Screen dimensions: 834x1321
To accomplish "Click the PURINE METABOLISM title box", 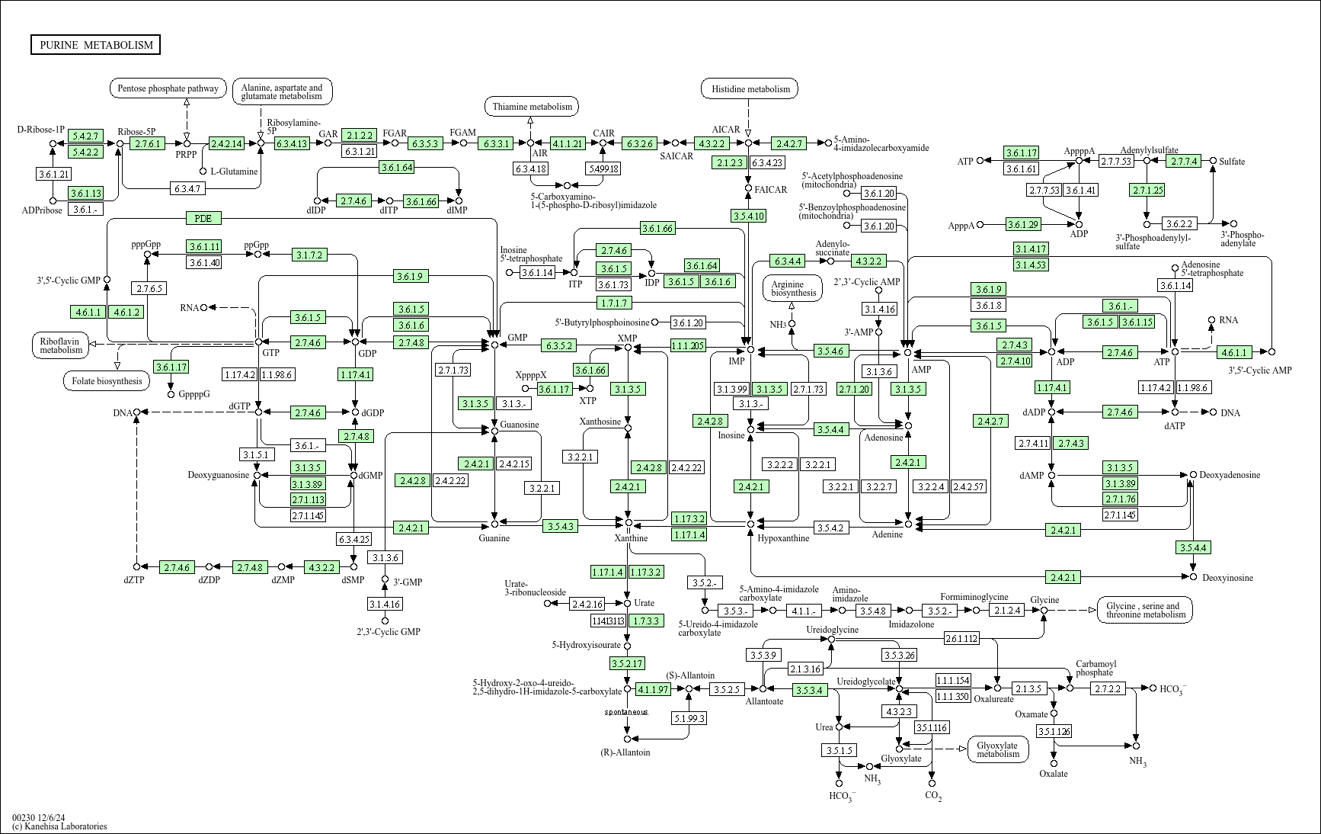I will (96, 45).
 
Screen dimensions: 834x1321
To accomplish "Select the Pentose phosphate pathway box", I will (168, 88).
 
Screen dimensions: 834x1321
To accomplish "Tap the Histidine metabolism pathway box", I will (750, 89).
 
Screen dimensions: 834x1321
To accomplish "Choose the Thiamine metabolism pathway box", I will (532, 107).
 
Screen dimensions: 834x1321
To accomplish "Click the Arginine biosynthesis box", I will (793, 287).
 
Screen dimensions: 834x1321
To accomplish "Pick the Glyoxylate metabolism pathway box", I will (997, 749).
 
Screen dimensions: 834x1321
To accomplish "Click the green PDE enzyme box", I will (203, 218).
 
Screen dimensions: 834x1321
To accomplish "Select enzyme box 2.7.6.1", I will (147, 143).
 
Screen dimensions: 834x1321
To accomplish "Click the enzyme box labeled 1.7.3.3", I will (646, 621).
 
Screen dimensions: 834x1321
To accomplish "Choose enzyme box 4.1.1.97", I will (653, 689).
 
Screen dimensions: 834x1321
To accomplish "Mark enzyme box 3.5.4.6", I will (831, 351).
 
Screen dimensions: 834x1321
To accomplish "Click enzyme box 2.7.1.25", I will (1147, 190).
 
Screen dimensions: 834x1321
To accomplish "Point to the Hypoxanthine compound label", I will (783, 538).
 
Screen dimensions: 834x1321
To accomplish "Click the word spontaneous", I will (626, 712).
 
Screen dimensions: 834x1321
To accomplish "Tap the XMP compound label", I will (627, 338).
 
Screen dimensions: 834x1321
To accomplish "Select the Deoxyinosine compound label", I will (1227, 578).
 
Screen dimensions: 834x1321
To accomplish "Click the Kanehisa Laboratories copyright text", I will (59, 826).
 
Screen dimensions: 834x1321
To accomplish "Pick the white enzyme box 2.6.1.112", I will (961, 639).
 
